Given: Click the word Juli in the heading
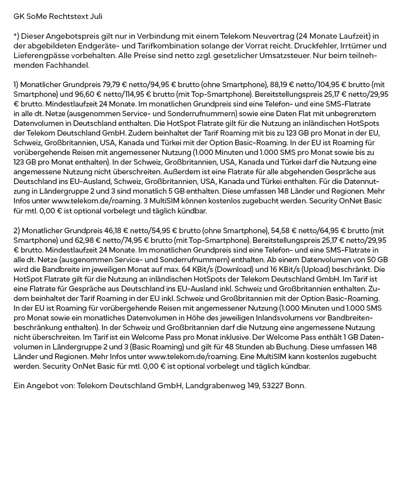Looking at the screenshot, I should pyautogui.click(x=96, y=16).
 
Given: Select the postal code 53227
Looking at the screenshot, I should pyautogui.click(x=272, y=386).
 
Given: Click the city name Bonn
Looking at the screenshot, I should pyautogui.click(x=295, y=386).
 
